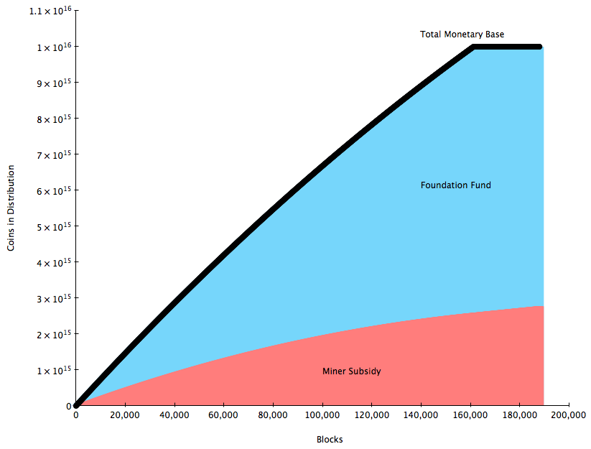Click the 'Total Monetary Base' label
click(462, 34)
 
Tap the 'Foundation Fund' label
click(455, 185)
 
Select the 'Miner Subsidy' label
click(351, 371)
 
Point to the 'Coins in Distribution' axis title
click(11, 208)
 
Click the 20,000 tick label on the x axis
click(125, 415)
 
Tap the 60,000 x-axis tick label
click(223, 415)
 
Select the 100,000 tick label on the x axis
click(322, 415)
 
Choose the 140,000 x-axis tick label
click(421, 415)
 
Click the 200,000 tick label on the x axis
click(569, 415)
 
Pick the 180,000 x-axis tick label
click(519, 415)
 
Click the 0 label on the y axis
click(69, 406)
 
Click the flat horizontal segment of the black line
click(506, 47)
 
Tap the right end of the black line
click(539, 47)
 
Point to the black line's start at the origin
click(76, 405)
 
